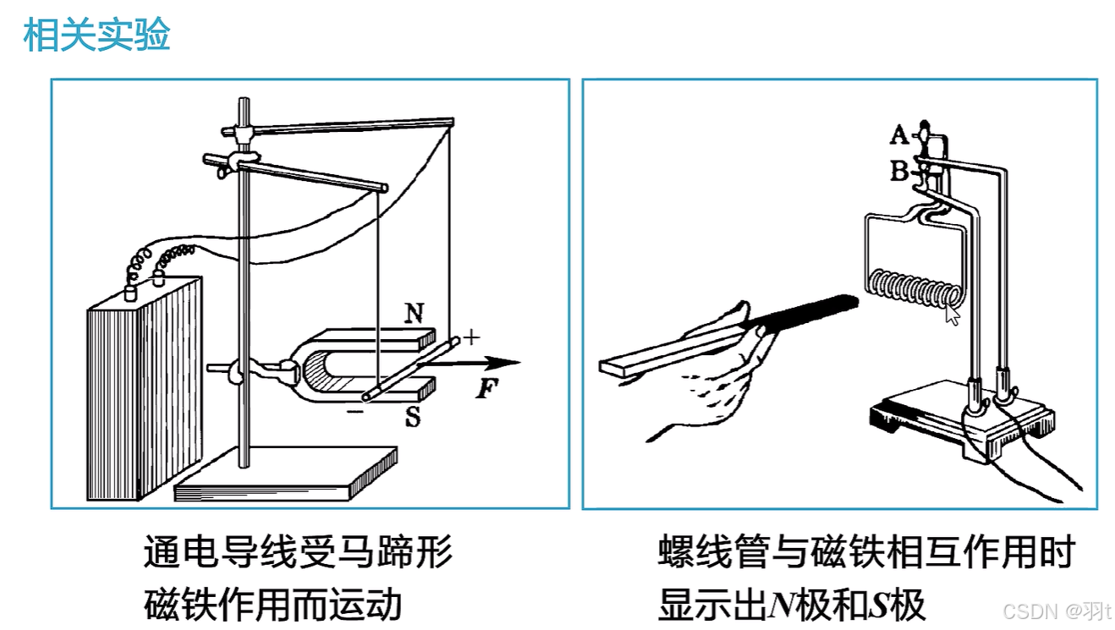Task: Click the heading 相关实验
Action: pyautogui.click(x=96, y=35)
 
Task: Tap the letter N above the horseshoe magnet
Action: pyautogui.click(x=415, y=313)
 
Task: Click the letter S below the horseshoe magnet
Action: pyautogui.click(x=413, y=417)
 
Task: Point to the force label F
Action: pyautogui.click(x=486, y=388)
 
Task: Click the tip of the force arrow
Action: pyautogui.click(x=520, y=362)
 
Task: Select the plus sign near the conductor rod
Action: pyautogui.click(x=471, y=337)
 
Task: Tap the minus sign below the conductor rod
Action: pyautogui.click(x=355, y=411)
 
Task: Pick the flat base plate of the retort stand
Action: pyautogui.click(x=286, y=473)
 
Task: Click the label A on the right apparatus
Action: pyautogui.click(x=899, y=134)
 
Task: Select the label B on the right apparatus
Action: pyautogui.click(x=899, y=171)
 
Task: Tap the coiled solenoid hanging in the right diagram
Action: pyautogui.click(x=915, y=288)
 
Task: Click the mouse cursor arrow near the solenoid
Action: pyautogui.click(x=952, y=315)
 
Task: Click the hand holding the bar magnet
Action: pyautogui.click(x=711, y=378)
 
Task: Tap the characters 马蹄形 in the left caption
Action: pyautogui.click(x=395, y=551)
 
